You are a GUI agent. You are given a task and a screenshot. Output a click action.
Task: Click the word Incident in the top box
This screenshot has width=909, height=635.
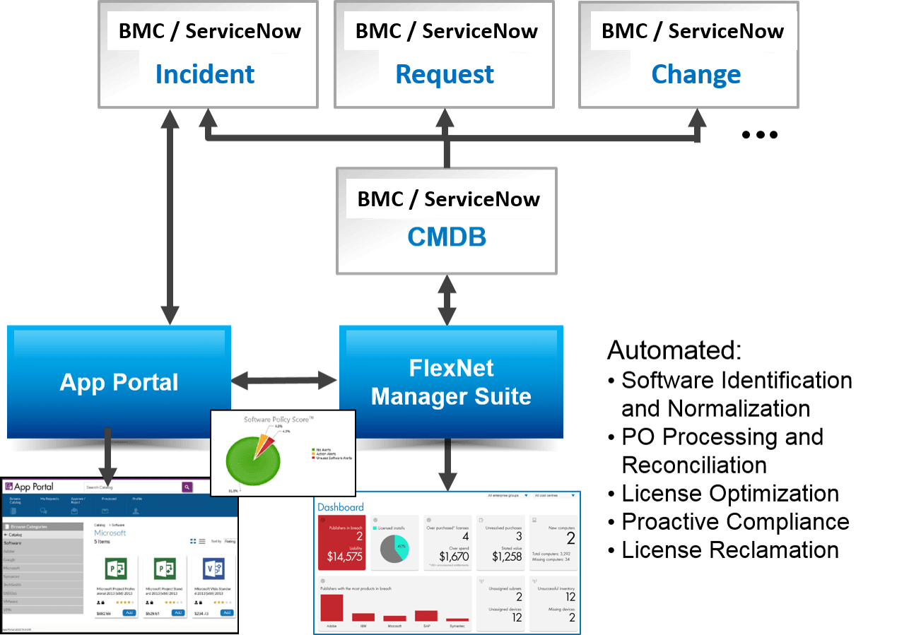pos(205,74)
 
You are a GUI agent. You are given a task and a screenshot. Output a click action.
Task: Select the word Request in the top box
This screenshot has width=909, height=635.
pos(445,74)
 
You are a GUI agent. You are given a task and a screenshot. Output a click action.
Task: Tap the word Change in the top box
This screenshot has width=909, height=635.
pos(696,74)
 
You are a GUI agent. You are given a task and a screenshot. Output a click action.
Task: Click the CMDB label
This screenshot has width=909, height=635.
pos(447,237)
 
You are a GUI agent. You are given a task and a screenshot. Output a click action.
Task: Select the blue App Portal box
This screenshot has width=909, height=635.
pos(119,382)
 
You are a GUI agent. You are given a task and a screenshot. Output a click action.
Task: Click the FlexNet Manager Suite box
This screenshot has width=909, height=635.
pos(451,382)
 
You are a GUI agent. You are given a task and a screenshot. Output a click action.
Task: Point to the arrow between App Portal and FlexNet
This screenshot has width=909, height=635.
pos(285,381)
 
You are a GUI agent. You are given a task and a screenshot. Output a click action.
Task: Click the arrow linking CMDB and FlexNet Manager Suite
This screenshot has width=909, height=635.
pos(446,300)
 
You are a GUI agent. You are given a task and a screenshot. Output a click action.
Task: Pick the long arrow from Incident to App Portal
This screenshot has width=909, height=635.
pos(169,219)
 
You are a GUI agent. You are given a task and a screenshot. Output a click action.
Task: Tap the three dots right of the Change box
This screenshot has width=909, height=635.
pos(760,135)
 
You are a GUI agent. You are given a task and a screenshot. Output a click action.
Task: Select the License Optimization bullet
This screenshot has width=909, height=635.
pos(729,493)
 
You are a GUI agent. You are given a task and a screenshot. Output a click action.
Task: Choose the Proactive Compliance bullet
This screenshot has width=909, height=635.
pos(735,521)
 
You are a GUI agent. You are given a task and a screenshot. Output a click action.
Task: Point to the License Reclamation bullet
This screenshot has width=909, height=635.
pos(729,550)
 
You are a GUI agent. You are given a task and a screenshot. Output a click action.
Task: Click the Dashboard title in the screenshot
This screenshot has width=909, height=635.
pos(341,507)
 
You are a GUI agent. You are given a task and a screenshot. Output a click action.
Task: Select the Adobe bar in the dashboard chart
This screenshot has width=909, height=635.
pos(332,608)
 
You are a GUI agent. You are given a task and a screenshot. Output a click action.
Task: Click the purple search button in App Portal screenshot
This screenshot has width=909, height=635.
pos(187,487)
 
